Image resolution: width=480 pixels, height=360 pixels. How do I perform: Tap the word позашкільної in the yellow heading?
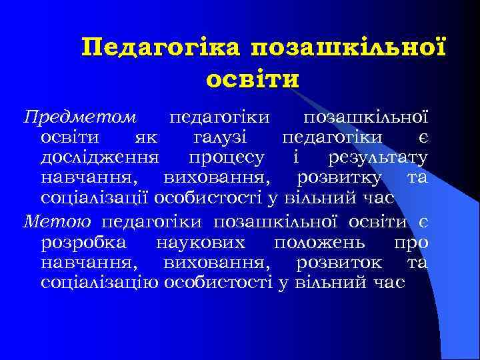347,48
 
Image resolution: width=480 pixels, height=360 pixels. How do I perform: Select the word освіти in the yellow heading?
253,79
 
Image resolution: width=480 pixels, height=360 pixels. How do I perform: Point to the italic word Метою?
59,221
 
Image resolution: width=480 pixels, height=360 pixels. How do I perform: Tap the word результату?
378,158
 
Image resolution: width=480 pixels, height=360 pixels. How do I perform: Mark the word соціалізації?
95,199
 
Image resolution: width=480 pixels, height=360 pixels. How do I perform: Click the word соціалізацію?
100,283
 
